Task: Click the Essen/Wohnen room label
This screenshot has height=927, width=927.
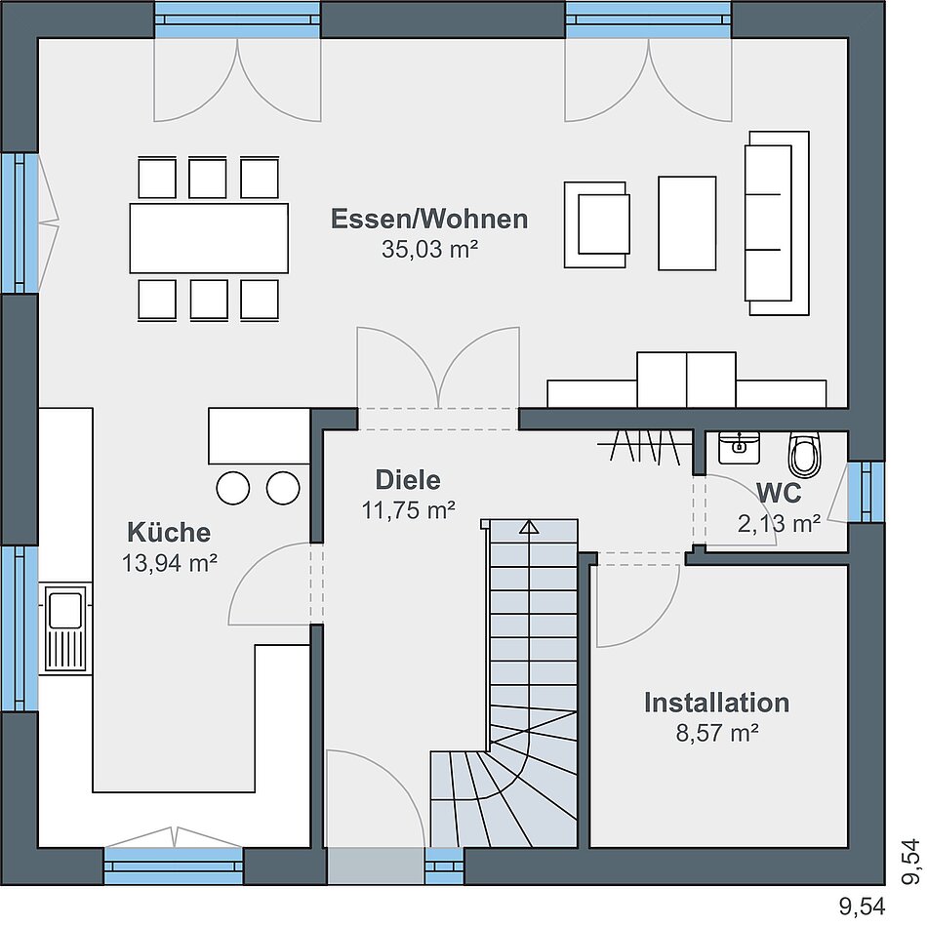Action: (x=429, y=219)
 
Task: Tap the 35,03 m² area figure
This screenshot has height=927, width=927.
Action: (x=429, y=249)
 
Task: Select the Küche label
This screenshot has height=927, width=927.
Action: (x=169, y=532)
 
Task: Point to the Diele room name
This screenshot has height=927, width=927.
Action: (x=408, y=479)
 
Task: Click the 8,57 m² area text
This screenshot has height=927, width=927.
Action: (x=717, y=733)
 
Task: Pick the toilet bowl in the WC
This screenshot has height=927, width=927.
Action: (x=805, y=454)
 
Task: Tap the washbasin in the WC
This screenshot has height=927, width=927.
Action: (x=739, y=448)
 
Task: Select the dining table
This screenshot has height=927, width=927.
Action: (x=209, y=238)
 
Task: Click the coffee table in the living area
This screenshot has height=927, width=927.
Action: (x=687, y=222)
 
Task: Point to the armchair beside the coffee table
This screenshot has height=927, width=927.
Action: (x=596, y=224)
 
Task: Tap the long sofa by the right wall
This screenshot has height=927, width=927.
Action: (x=777, y=222)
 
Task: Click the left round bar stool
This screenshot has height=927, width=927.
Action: (x=233, y=488)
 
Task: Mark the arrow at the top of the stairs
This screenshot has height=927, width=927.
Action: (x=529, y=527)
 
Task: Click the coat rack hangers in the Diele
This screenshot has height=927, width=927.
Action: (x=644, y=445)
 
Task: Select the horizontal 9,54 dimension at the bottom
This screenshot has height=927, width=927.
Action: (x=862, y=906)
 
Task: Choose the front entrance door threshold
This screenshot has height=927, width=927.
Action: (x=376, y=867)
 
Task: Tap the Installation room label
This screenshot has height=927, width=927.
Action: (x=716, y=703)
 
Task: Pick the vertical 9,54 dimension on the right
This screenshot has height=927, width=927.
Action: (x=911, y=862)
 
